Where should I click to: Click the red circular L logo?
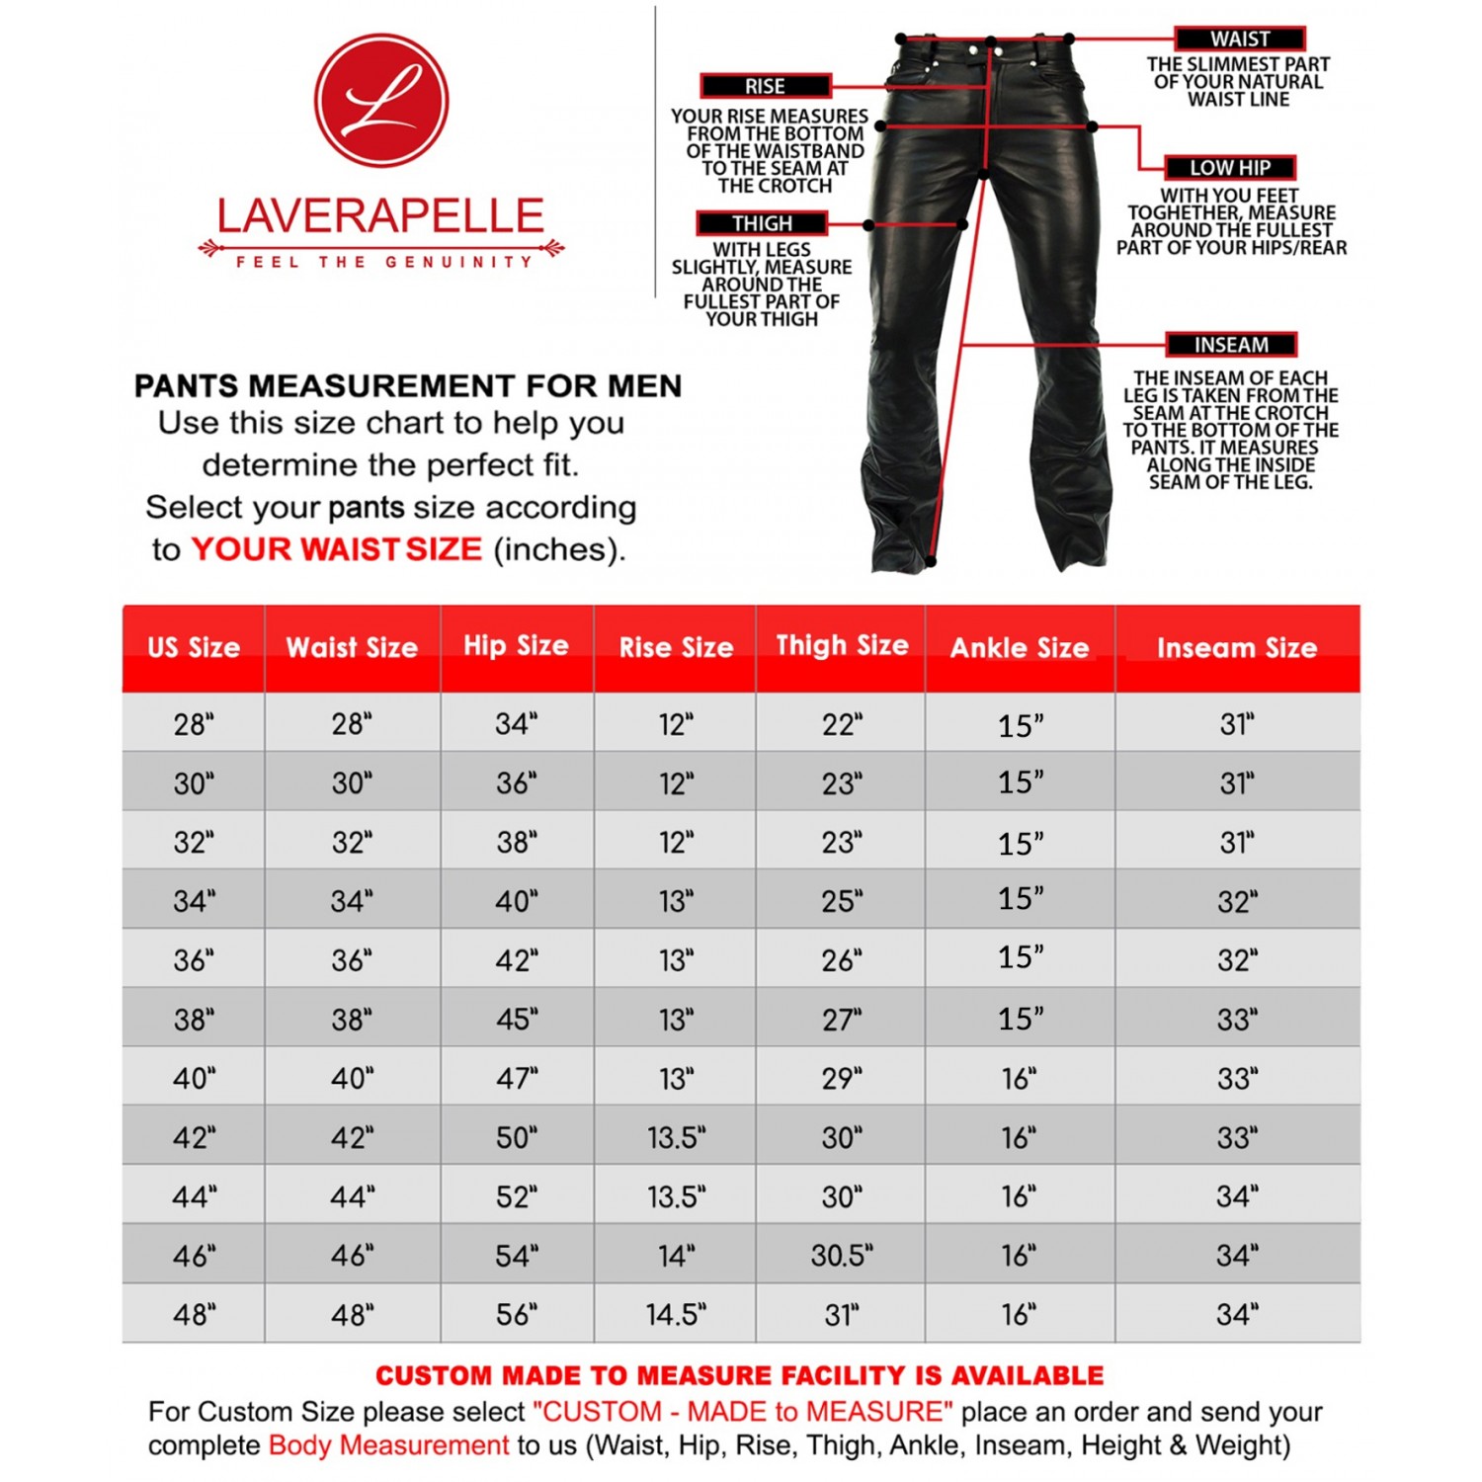[381, 100]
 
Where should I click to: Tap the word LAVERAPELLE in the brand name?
[380, 216]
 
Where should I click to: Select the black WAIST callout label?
[1240, 39]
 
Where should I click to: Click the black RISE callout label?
[766, 86]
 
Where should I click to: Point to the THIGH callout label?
[762, 223]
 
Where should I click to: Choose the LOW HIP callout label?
[1229, 167]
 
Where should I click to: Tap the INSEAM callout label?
[1231, 345]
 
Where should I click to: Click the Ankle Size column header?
[1020, 648]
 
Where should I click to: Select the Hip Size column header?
[516, 646]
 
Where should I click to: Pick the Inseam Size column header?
[1237, 648]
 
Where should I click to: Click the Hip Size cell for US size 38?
[517, 1019]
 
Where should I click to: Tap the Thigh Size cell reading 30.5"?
[842, 1256]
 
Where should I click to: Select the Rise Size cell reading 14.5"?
[676, 1315]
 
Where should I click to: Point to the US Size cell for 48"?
[194, 1315]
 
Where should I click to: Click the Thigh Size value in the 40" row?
[842, 1078]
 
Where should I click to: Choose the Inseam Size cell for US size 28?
[1237, 724]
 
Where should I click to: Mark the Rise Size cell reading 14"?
[676, 1256]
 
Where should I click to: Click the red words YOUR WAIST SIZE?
[336, 549]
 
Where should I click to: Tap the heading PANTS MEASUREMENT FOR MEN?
[408, 385]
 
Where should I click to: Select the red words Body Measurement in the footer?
[388, 1445]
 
